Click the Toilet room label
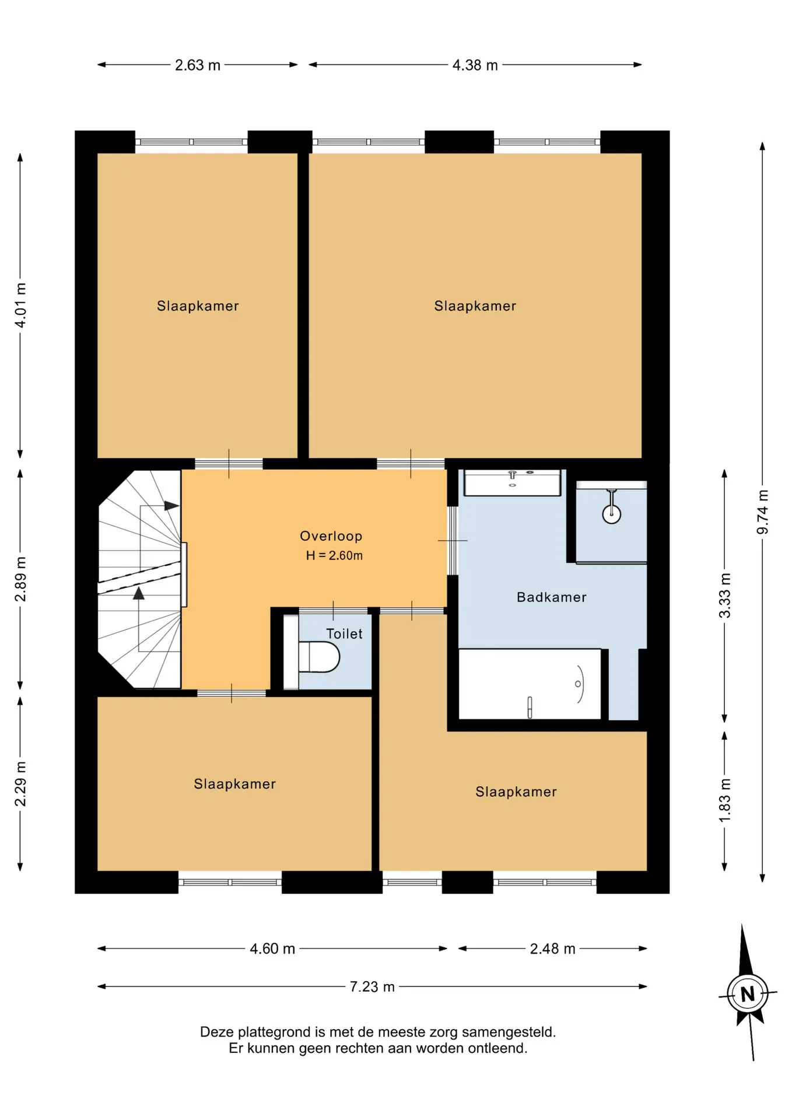344,633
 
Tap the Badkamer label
552,597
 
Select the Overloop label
331,536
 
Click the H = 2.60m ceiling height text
334,555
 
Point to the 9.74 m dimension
762,512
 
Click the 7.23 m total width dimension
372,986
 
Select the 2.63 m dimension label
198,65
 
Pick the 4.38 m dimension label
475,65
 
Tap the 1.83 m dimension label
724,801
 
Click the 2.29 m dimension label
20,784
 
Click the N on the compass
748,993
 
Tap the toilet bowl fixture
318,657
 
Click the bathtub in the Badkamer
530,684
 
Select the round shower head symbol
611,514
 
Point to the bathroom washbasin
512,482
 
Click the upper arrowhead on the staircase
171,506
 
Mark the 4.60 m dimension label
272,949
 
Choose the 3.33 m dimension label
724,596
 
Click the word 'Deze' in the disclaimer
215,1032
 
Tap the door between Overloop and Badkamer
453,541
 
